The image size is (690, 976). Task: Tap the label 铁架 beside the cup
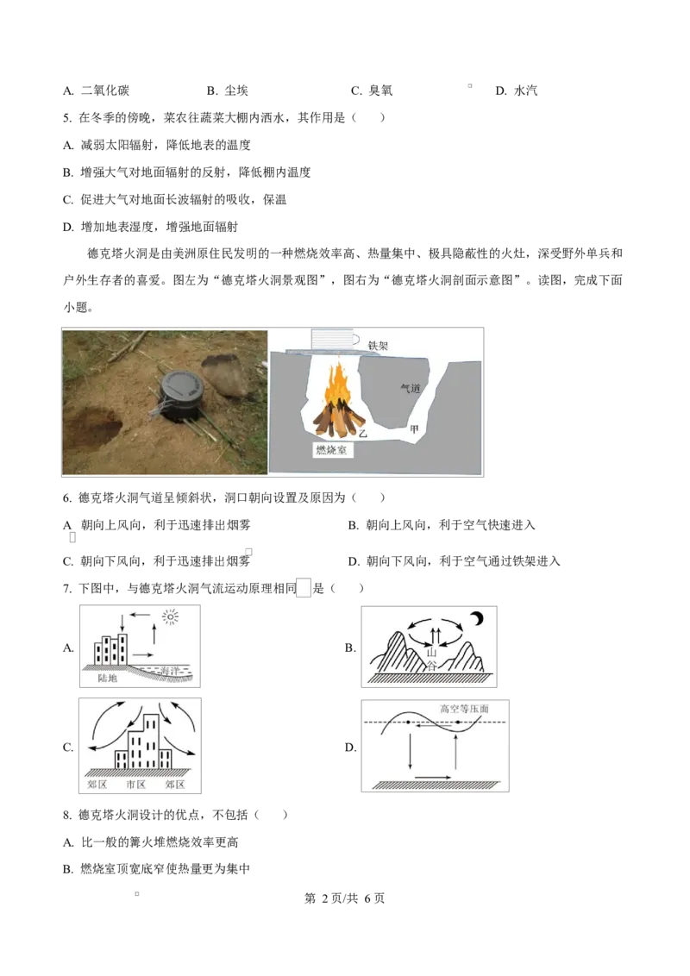[x=378, y=345]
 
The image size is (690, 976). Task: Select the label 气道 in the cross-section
[x=411, y=388]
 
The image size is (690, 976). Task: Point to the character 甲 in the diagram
[x=414, y=429]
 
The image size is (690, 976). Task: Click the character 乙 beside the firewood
[x=362, y=433]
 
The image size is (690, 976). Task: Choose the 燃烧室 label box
[x=331, y=449]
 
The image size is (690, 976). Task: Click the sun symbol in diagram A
[x=170, y=617]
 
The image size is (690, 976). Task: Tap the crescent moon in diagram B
[x=476, y=619]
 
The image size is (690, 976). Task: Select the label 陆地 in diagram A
[x=107, y=678]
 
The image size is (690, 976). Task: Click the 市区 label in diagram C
[x=135, y=785]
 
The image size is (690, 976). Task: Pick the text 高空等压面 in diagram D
[x=465, y=709]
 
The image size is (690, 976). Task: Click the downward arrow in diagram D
[x=410, y=751]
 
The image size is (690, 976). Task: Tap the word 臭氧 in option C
[x=379, y=91]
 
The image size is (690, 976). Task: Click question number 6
[x=67, y=498]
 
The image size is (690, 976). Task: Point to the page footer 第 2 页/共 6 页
[x=344, y=898]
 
